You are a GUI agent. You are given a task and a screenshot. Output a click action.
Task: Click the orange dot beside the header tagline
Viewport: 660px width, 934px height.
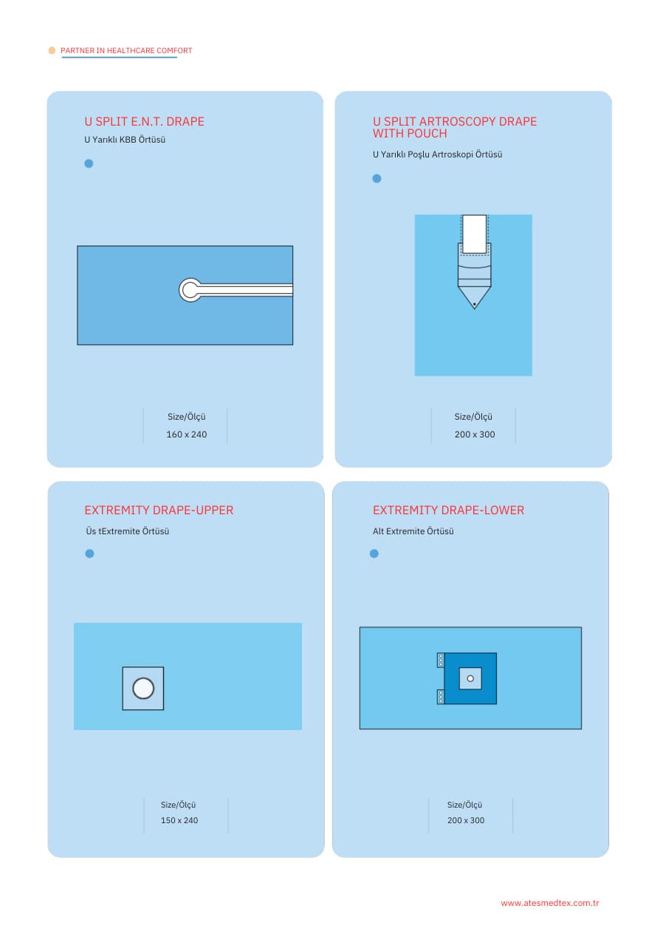point(52,50)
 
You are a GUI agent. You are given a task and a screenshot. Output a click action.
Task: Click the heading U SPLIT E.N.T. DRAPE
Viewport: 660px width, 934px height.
point(144,122)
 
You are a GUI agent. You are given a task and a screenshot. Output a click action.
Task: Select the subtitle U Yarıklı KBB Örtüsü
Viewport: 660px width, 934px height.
point(125,140)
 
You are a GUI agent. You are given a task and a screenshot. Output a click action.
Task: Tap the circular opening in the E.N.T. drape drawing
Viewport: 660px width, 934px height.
point(190,290)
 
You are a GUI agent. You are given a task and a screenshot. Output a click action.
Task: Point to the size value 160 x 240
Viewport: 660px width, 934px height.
point(187,434)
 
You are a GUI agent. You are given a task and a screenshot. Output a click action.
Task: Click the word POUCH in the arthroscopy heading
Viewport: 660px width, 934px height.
point(427,134)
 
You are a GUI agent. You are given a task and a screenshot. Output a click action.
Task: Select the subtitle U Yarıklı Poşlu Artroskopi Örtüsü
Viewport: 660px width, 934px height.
point(437,154)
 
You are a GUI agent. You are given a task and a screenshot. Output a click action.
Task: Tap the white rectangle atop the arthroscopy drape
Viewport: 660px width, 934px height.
point(474,234)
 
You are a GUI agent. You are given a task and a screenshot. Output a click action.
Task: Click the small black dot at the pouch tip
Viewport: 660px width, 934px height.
point(474,304)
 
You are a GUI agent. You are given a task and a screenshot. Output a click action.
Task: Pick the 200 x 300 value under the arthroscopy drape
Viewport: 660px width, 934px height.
point(475,434)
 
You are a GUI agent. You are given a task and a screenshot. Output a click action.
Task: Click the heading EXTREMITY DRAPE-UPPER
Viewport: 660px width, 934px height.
point(159,510)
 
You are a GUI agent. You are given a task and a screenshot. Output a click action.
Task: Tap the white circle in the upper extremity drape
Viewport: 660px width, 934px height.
point(143,689)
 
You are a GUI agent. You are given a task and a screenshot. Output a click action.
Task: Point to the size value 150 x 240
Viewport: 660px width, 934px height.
point(179,820)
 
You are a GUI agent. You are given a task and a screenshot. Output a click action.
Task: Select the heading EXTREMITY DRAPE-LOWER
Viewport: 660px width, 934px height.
point(448,510)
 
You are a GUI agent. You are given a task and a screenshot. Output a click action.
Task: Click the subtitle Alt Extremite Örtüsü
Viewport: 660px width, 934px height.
point(413,531)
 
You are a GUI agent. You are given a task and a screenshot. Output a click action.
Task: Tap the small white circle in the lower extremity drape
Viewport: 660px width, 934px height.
point(470,678)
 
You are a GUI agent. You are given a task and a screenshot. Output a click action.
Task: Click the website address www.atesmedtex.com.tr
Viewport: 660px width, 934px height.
point(549,903)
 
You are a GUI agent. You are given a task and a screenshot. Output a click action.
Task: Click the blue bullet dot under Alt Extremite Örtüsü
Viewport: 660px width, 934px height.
point(374,553)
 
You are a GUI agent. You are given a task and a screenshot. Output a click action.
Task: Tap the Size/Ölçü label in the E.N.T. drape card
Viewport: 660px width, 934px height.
point(186,417)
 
